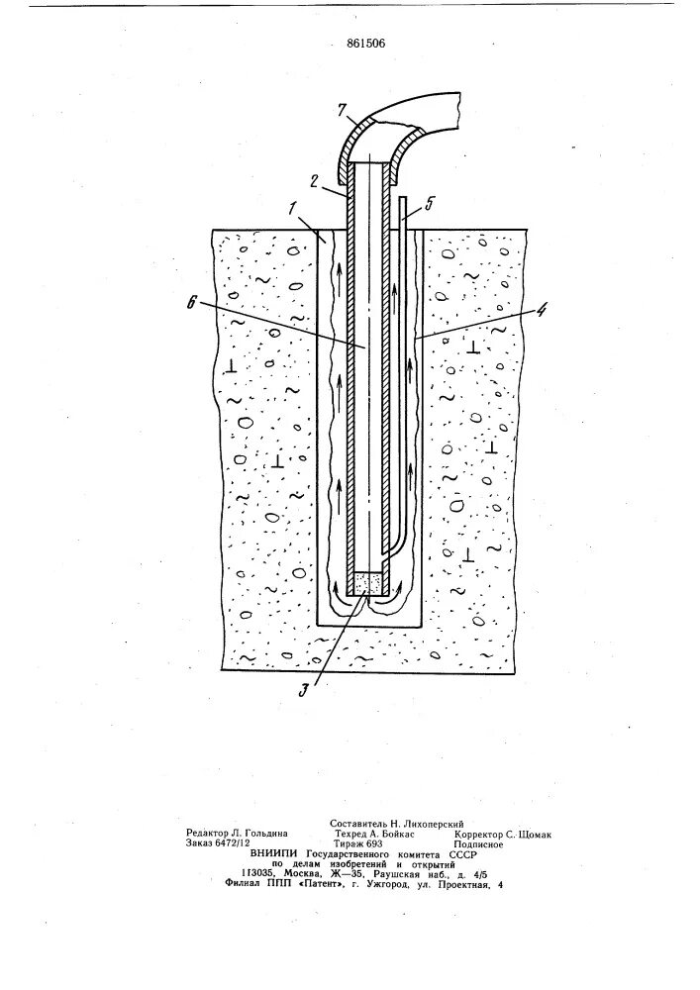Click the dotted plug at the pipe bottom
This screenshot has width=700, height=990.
point(368,582)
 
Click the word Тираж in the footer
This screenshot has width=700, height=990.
point(354,844)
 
